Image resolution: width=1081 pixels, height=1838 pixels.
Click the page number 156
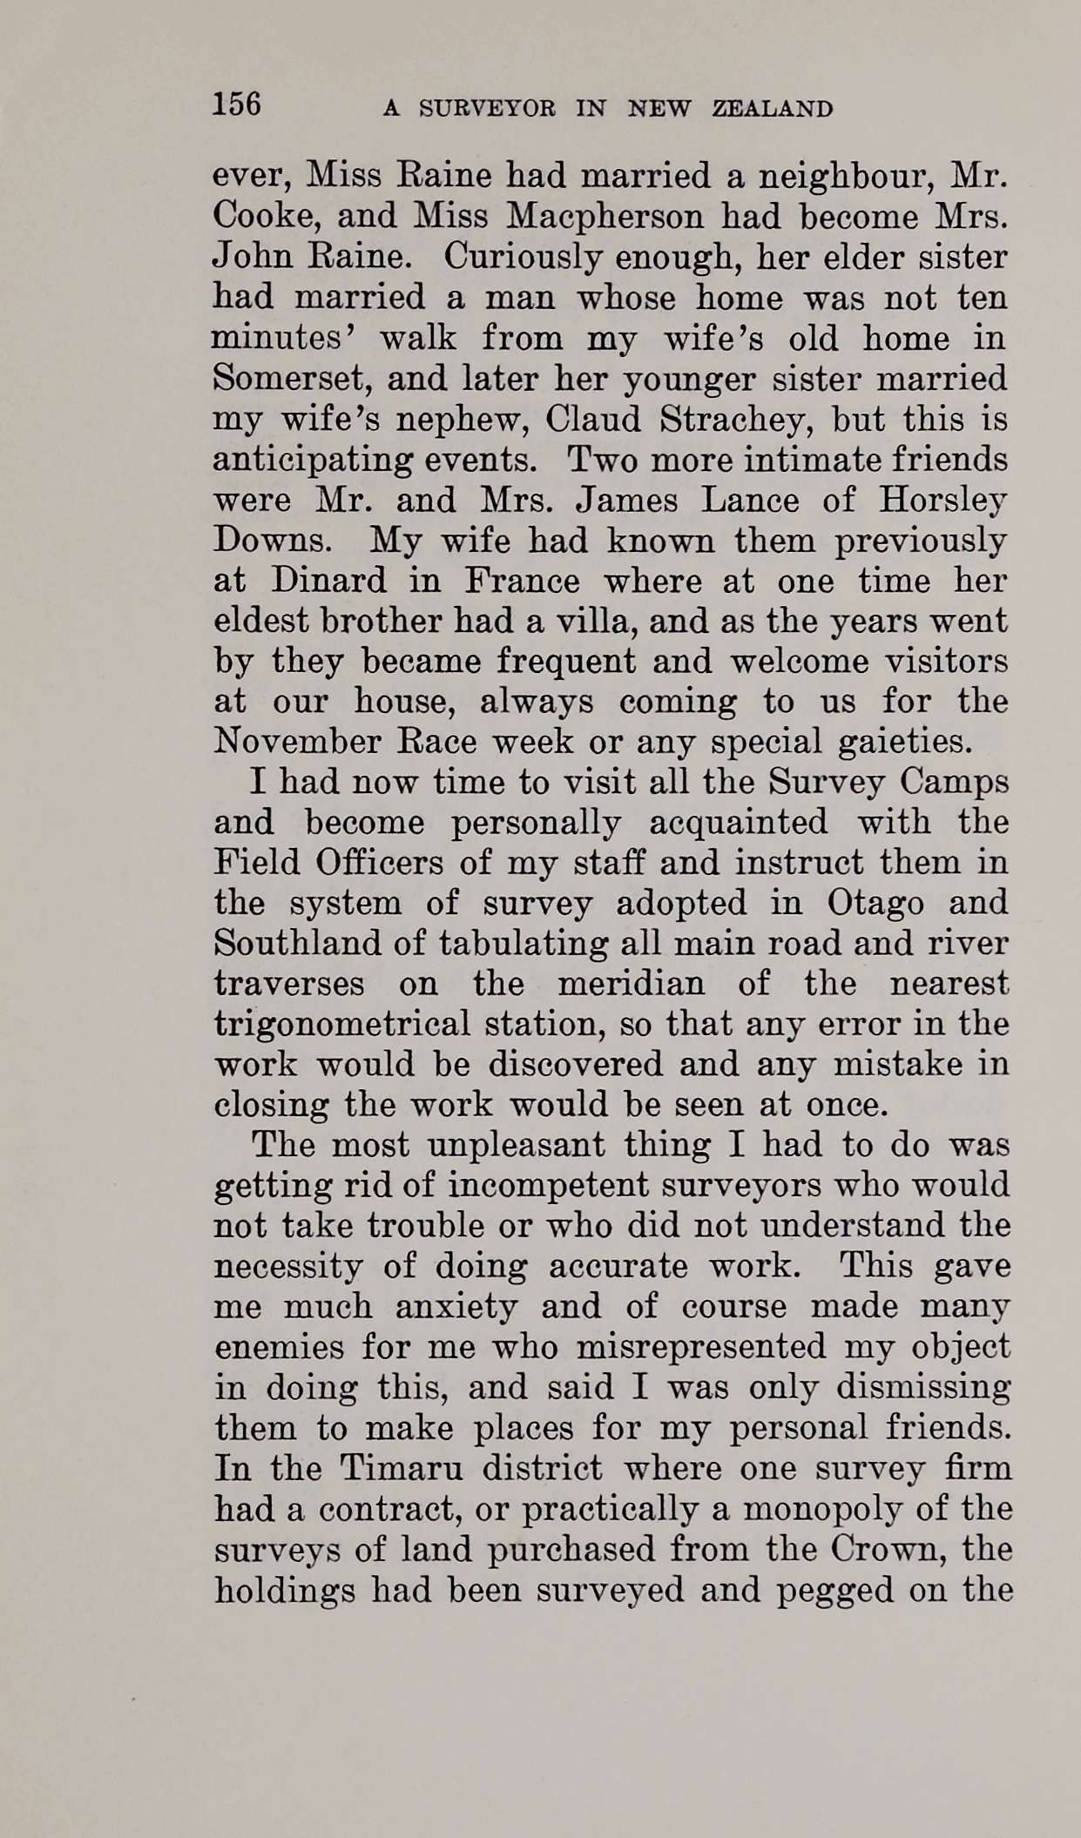pos(237,104)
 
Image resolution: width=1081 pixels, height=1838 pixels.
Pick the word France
pos(522,581)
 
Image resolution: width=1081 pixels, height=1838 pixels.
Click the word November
pos(297,743)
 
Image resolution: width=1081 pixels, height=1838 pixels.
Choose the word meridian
pos(631,984)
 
